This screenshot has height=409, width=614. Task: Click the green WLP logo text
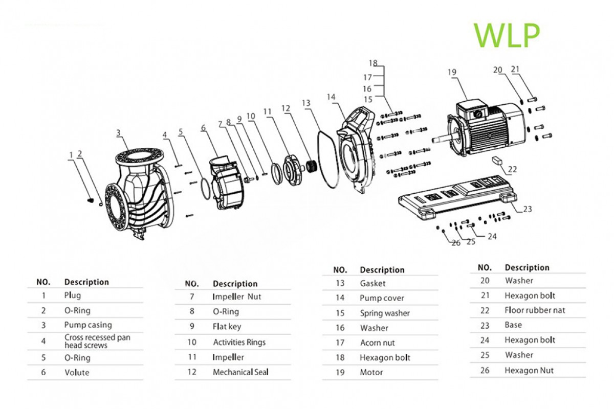tap(507, 34)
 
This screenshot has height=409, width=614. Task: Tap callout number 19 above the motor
tap(451, 72)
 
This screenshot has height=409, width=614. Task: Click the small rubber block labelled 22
tap(497, 160)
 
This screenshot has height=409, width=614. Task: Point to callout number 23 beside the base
tap(527, 209)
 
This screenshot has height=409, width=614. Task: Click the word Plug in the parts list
tap(72, 295)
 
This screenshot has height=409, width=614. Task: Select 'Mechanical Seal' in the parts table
tap(240, 372)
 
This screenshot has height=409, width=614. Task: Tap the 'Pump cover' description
tap(382, 298)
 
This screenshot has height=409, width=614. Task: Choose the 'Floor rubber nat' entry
tap(535, 310)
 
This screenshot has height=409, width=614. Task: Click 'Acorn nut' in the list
tap(377, 343)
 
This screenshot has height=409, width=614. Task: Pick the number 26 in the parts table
tap(485, 370)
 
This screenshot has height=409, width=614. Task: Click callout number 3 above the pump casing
tap(118, 133)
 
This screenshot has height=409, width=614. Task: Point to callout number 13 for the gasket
tap(306, 103)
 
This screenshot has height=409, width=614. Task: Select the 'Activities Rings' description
tap(239, 342)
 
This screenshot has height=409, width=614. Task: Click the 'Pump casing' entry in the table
tap(87, 325)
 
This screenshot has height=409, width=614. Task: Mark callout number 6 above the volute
tap(203, 128)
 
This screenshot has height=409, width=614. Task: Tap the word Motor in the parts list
tap(371, 372)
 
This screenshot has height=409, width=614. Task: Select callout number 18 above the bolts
tap(373, 63)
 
